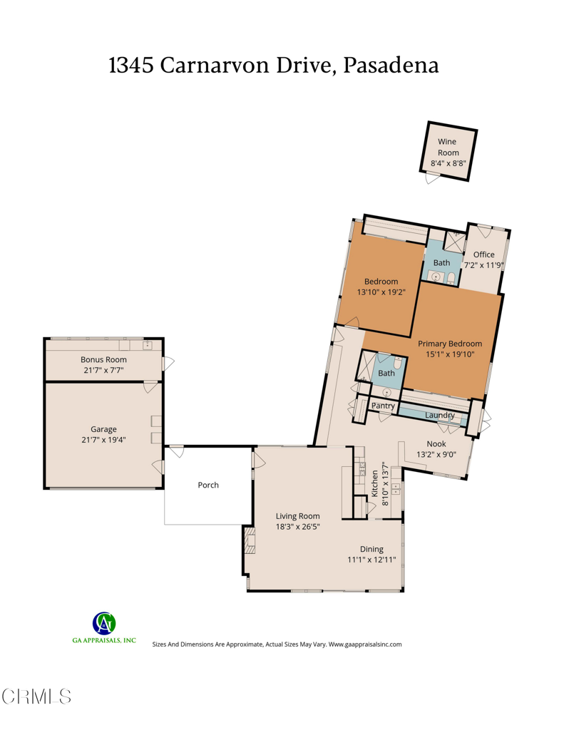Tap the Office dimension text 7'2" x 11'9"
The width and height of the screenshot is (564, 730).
[484, 264]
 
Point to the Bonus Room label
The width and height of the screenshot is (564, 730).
[103, 360]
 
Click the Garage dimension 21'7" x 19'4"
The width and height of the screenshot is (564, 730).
[103, 440]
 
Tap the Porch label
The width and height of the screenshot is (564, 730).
[208, 485]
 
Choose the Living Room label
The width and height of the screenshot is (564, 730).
[297, 516]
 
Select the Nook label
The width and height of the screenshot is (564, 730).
[436, 443]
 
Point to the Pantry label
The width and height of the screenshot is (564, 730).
[383, 406]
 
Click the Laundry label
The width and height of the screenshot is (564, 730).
[439, 415]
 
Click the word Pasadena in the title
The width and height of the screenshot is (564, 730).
[391, 65]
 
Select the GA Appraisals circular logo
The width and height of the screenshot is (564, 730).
[104, 623]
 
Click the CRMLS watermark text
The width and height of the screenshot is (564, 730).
[36, 696]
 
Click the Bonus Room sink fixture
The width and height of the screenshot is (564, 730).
[148, 346]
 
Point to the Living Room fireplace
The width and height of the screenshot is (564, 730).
[249, 540]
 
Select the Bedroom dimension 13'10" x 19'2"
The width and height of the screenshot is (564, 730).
[381, 291]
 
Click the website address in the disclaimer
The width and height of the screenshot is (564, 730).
[365, 644]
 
